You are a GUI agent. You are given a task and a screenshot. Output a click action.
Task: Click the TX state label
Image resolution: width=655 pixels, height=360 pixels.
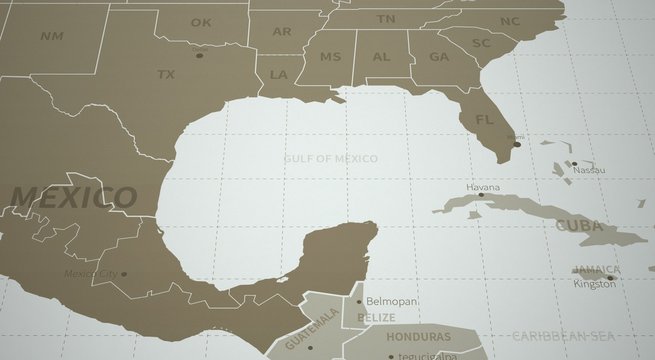pos(166,73)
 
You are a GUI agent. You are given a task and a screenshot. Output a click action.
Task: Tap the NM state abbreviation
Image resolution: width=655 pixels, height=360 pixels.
pos(51,36)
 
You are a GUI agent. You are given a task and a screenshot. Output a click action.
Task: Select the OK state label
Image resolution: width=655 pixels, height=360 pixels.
pos(201,22)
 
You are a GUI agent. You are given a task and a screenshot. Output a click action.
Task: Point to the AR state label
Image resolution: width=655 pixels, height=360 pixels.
pos(282,32)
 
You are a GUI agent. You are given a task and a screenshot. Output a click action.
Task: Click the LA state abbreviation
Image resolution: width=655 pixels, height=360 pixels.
pos(279,74)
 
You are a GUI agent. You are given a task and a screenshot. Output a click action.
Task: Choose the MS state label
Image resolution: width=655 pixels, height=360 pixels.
pos(330,57)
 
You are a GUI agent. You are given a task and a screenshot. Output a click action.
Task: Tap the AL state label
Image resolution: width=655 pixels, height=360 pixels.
pos(381,57)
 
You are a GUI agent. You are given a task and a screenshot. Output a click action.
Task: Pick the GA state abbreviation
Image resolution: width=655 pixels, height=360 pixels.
pos(439,57)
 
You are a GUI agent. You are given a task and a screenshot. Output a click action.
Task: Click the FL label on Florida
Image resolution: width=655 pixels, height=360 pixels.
pos(485,120)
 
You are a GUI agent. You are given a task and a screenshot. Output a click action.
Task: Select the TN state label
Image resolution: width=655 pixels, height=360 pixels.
pos(386,19)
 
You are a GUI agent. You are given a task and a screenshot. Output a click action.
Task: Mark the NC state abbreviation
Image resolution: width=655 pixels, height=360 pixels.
pos(510,21)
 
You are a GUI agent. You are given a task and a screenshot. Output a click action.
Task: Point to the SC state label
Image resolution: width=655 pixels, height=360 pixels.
pos(481,43)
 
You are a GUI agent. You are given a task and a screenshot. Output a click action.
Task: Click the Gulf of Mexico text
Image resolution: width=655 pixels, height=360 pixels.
pos(330,158)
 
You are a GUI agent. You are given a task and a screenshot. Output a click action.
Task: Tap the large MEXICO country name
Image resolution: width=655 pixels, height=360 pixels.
pos(72,196)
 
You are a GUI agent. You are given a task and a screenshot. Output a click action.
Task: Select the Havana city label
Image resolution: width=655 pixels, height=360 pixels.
pos(482,187)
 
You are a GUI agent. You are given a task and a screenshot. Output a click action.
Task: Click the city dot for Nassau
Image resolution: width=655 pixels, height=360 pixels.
pos(573,163)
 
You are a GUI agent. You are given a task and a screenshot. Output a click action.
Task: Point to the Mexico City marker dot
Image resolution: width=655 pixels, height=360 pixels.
pos(123,272)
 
